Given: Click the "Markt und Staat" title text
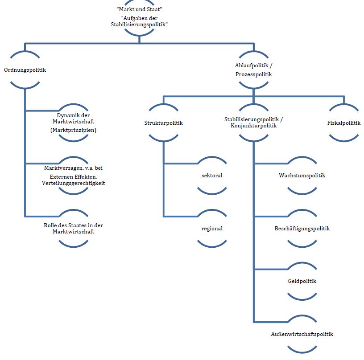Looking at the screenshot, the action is point(139,9).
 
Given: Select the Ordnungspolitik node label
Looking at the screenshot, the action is point(25,70).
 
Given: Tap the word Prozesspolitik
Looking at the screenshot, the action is point(253,74).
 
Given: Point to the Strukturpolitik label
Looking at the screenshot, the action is point(163,123).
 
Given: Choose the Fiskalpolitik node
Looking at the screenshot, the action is point(344,123).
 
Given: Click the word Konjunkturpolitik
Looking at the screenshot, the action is point(253,126).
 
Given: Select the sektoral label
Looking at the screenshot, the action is point(212,176).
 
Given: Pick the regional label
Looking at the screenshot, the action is point(212,229).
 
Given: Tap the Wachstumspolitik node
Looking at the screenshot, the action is point(302,176).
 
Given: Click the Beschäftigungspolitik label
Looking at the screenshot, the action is point(302,229).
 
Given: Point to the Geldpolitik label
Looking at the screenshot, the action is point(302,281).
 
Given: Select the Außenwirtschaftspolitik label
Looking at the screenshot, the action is point(302,334).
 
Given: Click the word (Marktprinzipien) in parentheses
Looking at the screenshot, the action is point(73,130).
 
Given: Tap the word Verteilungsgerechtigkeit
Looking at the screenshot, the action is point(73,183).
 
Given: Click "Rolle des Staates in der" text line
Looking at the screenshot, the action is point(73,225).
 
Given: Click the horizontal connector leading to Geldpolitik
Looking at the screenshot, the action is point(271,270).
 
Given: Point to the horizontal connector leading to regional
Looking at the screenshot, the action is point(181,217).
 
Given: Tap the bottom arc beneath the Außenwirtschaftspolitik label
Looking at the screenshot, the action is point(302,350).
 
